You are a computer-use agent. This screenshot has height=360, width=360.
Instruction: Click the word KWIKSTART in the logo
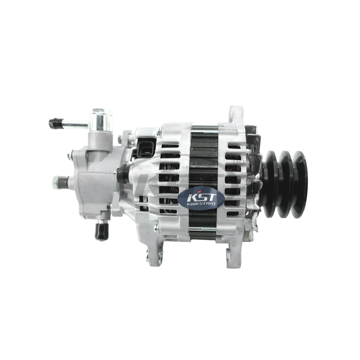[x=201, y=204]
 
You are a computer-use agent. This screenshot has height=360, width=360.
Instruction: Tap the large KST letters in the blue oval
[x=202, y=197]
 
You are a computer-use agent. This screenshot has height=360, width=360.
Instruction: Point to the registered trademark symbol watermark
[x=235, y=161]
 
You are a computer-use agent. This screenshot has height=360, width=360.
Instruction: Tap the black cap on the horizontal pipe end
[x=55, y=124]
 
